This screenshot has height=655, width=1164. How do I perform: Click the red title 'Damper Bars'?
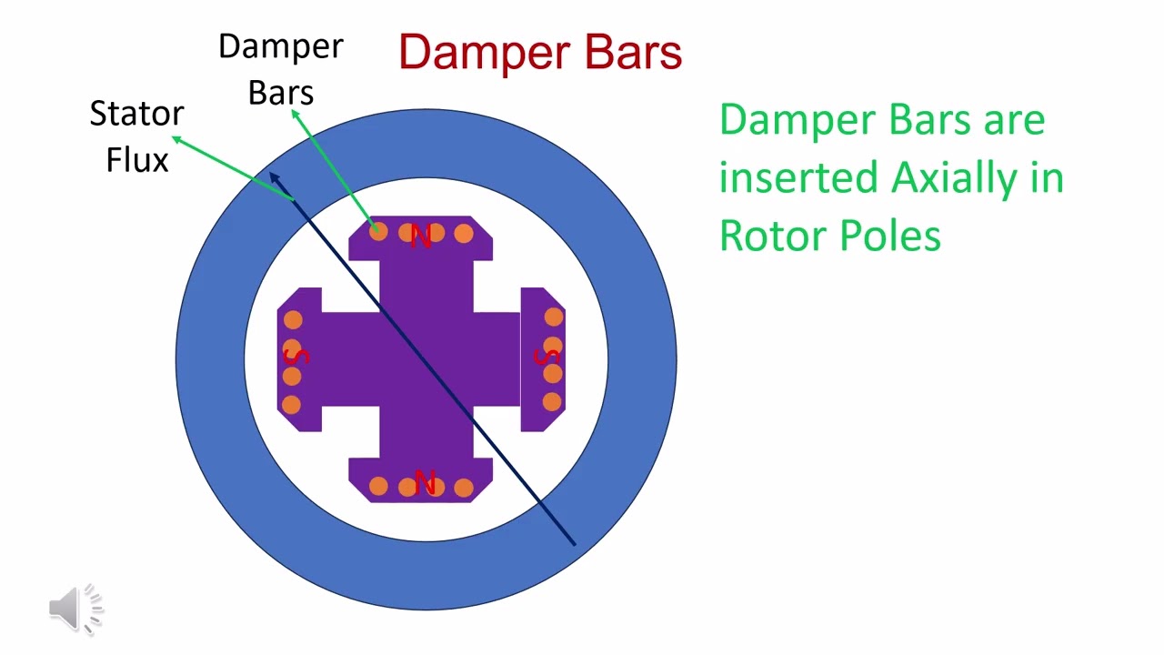tap(540, 52)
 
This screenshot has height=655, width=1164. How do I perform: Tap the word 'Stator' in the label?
tap(136, 114)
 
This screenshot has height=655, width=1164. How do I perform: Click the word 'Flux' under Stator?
tap(137, 159)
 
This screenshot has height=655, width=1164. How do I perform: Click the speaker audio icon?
tap(76, 609)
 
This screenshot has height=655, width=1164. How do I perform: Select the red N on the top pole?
tap(421, 237)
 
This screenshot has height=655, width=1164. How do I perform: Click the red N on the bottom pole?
tap(425, 481)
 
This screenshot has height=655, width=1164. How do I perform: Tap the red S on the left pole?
tap(296, 357)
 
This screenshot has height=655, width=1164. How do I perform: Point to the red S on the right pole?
tap(547, 356)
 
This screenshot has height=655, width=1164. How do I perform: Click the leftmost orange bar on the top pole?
tap(378, 232)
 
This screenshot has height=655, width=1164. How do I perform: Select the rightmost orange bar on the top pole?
tap(464, 234)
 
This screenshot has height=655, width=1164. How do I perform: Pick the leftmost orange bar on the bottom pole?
tap(378, 487)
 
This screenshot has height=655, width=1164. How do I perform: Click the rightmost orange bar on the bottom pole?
tap(464, 488)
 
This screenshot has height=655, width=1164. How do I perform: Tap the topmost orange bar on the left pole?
tap(293, 319)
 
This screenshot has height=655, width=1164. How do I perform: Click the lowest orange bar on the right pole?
tap(552, 402)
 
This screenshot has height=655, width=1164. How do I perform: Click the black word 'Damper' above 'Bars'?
tap(281, 46)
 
